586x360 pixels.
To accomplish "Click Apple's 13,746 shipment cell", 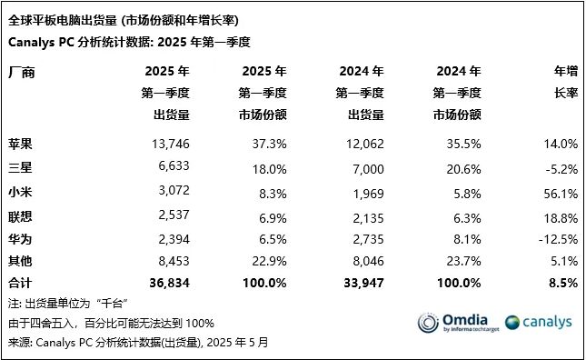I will coord(169,145).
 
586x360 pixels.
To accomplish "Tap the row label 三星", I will coord(20,167).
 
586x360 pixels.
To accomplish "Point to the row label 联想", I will coord(20,215).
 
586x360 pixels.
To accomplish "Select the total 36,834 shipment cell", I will coord(168,283).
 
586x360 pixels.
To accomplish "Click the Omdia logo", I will coord(453,323).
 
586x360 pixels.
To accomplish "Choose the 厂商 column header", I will coord(22,72).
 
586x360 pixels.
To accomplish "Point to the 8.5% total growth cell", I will coord(563,283).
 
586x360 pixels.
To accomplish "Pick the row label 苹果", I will coord(20,145).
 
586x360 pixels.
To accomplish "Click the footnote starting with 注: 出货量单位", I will coord(64,303).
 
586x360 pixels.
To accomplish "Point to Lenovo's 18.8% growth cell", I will coord(561,215).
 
